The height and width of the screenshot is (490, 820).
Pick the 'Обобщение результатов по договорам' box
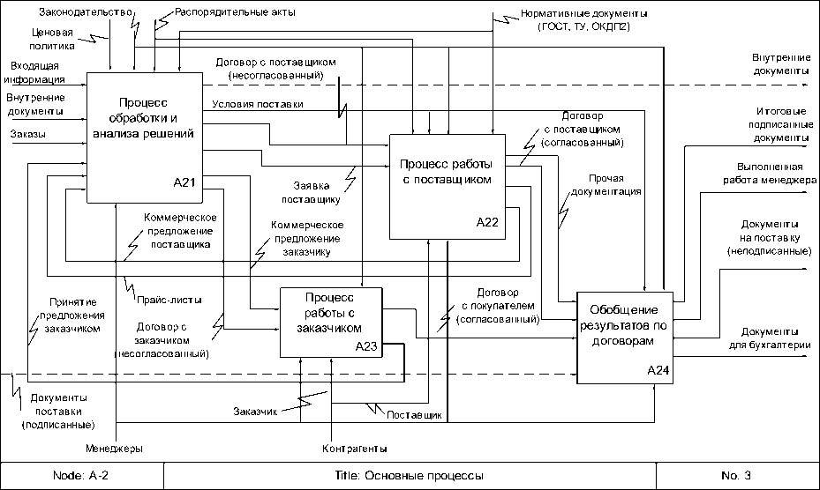coord(624,336)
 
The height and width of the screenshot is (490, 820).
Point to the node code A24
coord(658,370)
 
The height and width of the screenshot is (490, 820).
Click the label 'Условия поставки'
coord(258,106)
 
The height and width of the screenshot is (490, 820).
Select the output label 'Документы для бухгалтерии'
coord(769,339)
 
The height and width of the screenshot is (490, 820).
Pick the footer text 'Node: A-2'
coord(81,476)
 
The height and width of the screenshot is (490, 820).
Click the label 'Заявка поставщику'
coord(319,190)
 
